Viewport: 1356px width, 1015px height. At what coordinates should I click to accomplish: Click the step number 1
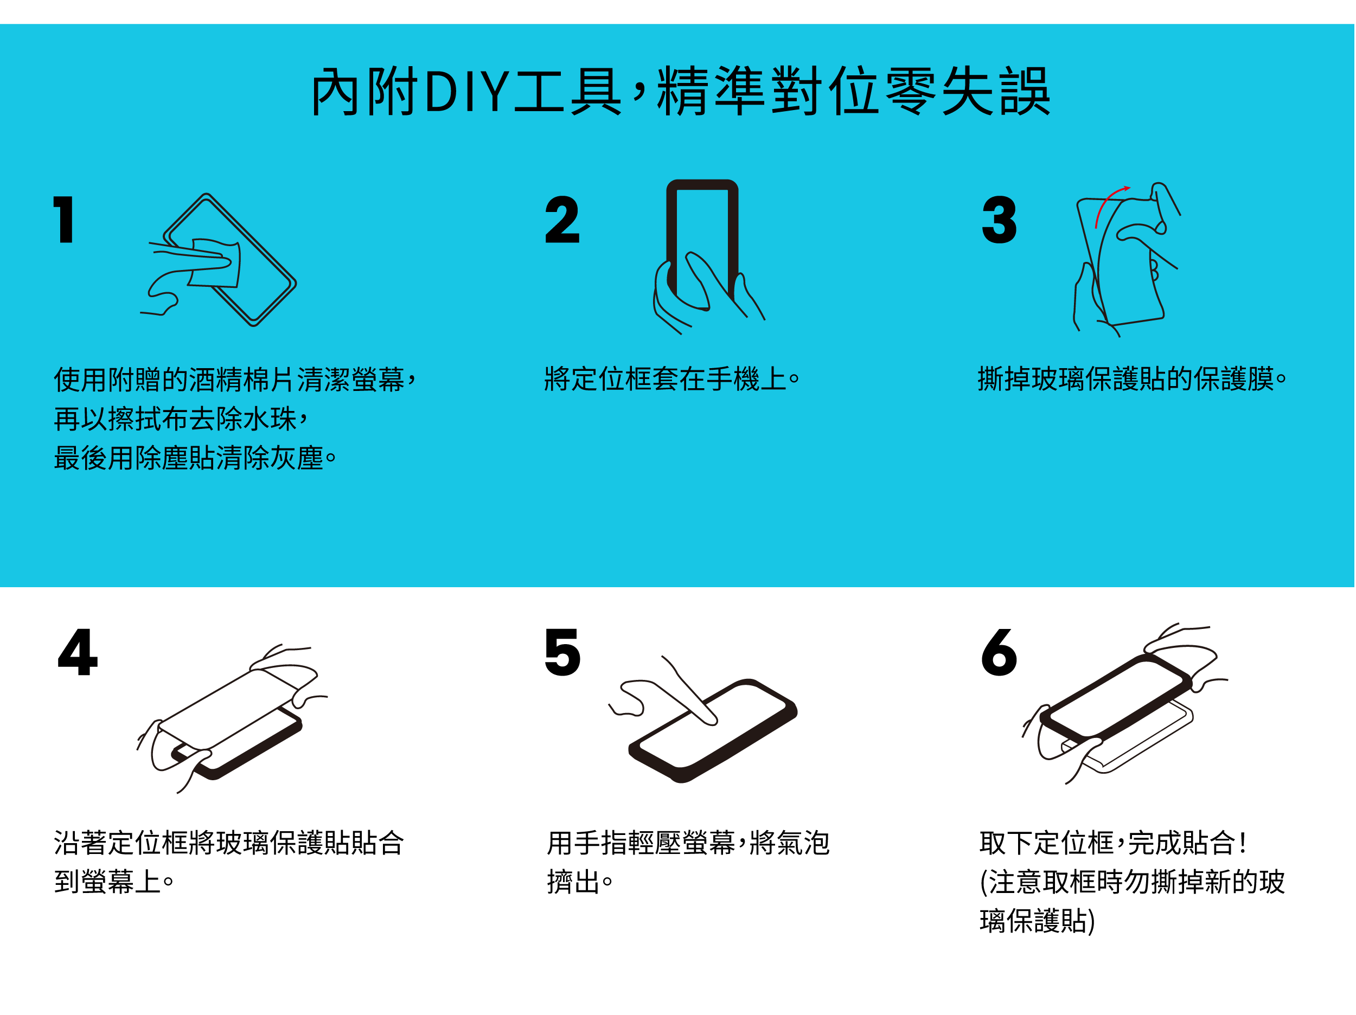click(64, 220)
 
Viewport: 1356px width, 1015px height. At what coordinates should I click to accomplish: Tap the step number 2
click(562, 220)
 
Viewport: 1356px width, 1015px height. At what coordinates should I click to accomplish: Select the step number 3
click(999, 220)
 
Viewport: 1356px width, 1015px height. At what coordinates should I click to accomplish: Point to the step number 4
click(78, 652)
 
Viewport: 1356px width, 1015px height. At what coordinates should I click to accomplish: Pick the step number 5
click(562, 652)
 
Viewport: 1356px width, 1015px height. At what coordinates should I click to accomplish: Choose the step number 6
click(999, 652)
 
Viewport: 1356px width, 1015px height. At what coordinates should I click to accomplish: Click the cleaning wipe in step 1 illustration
click(215, 262)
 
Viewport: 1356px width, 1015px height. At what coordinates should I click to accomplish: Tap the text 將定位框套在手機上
click(666, 379)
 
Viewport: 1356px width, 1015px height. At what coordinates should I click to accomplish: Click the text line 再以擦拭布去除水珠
click(175, 419)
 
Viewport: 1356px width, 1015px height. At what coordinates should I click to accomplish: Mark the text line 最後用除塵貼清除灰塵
click(189, 458)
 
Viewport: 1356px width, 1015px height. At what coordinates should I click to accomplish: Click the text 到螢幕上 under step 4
click(108, 882)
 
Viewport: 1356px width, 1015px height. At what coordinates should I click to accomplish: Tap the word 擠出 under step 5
click(573, 882)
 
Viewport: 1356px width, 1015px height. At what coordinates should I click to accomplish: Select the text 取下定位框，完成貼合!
click(1112, 842)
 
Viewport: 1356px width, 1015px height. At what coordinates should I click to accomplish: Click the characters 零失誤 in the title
click(969, 92)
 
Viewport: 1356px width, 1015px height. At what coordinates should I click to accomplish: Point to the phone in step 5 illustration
click(713, 730)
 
